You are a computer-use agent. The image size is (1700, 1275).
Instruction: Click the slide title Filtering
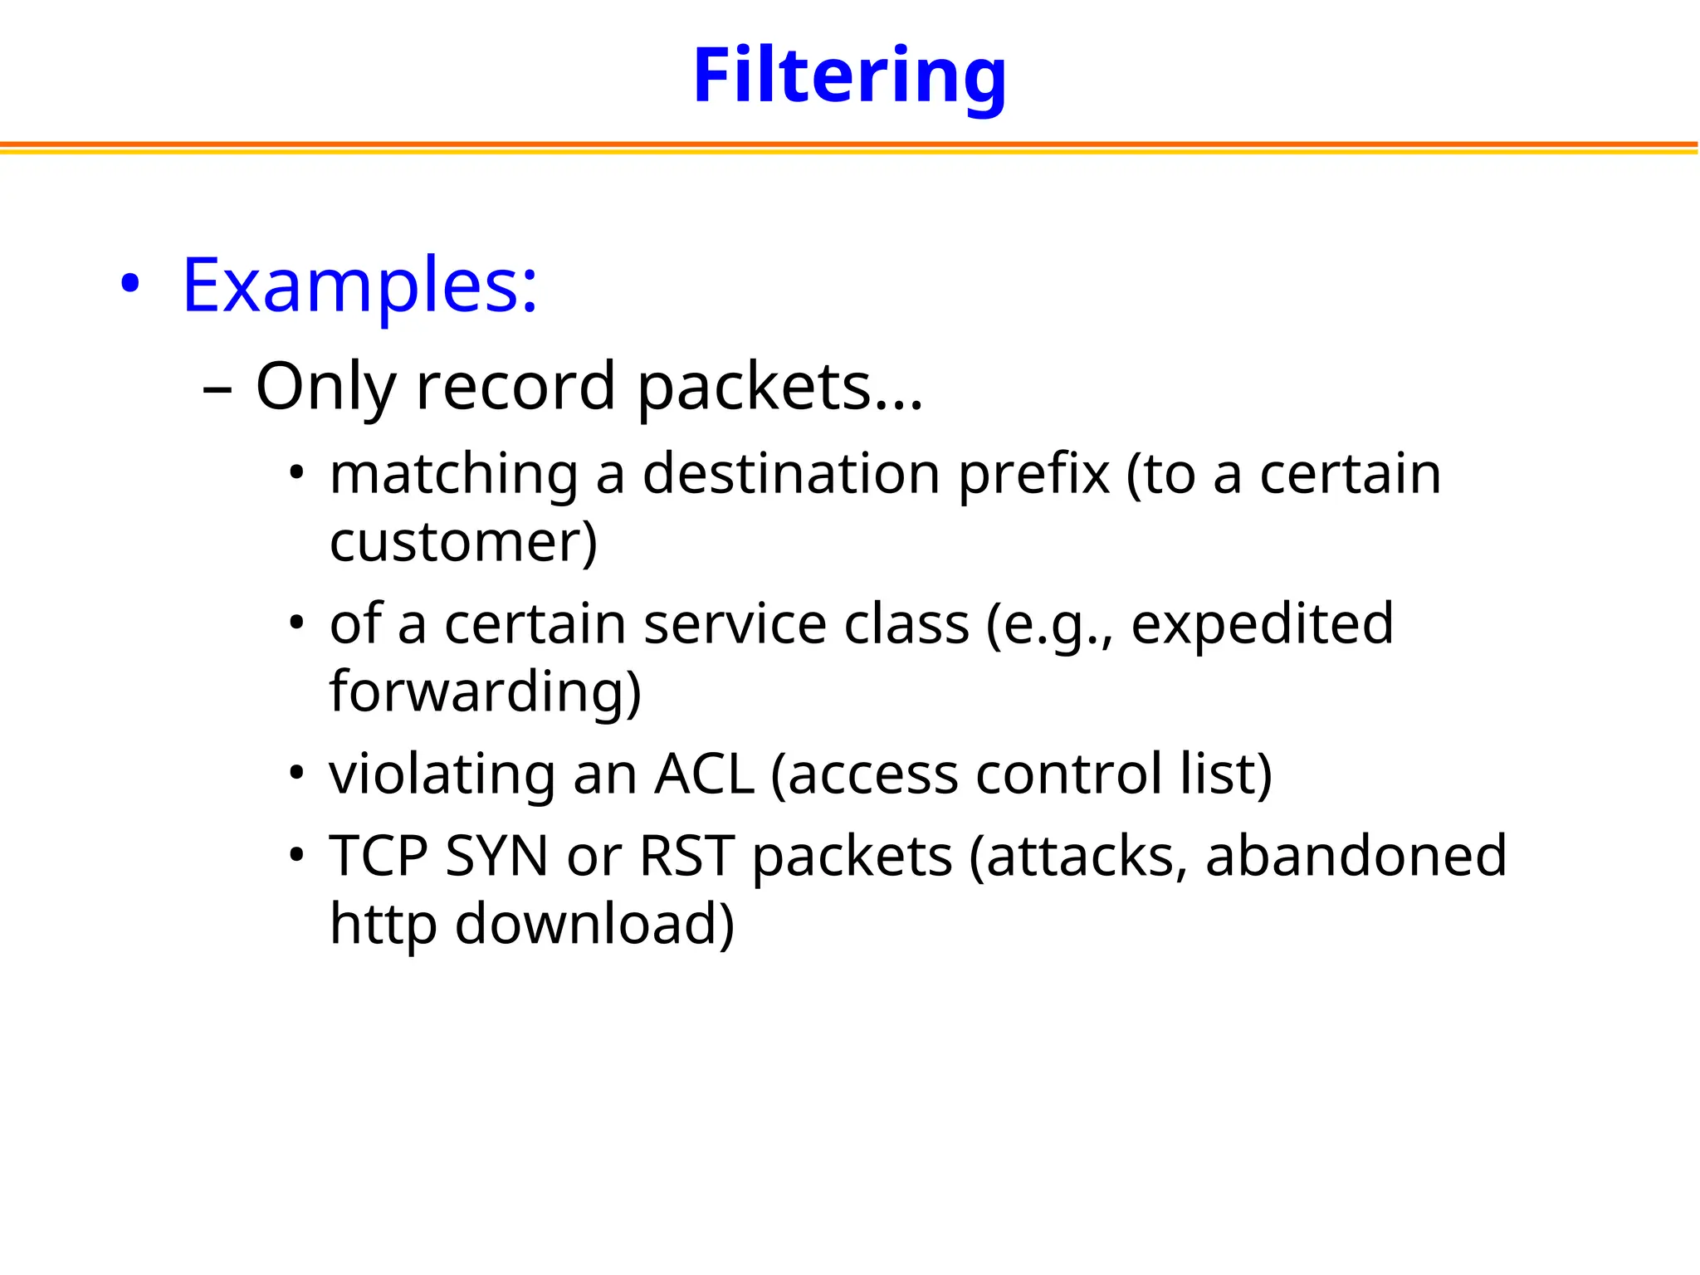coord(849,76)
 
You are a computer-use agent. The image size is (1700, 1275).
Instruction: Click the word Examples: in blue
coord(359,286)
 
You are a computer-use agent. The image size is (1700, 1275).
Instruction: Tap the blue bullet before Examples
coord(129,285)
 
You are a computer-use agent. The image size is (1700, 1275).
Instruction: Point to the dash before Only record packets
coord(217,389)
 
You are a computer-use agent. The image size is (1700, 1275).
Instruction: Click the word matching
coord(453,475)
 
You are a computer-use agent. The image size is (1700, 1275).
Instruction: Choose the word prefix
coord(1033,475)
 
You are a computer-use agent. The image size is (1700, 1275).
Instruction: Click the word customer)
coord(463,543)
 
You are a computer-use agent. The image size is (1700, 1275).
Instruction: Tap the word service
coord(735,624)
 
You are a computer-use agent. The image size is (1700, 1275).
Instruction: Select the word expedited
coord(1262,624)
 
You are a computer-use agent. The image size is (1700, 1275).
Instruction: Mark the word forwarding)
coord(486,692)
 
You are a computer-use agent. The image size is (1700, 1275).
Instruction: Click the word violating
coord(441,775)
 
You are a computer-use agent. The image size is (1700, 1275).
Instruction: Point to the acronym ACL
coord(704,774)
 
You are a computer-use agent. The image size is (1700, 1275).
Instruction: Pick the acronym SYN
coord(496,856)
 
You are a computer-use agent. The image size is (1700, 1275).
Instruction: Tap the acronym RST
coord(686,856)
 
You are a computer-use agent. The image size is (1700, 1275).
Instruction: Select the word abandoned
coord(1356,856)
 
